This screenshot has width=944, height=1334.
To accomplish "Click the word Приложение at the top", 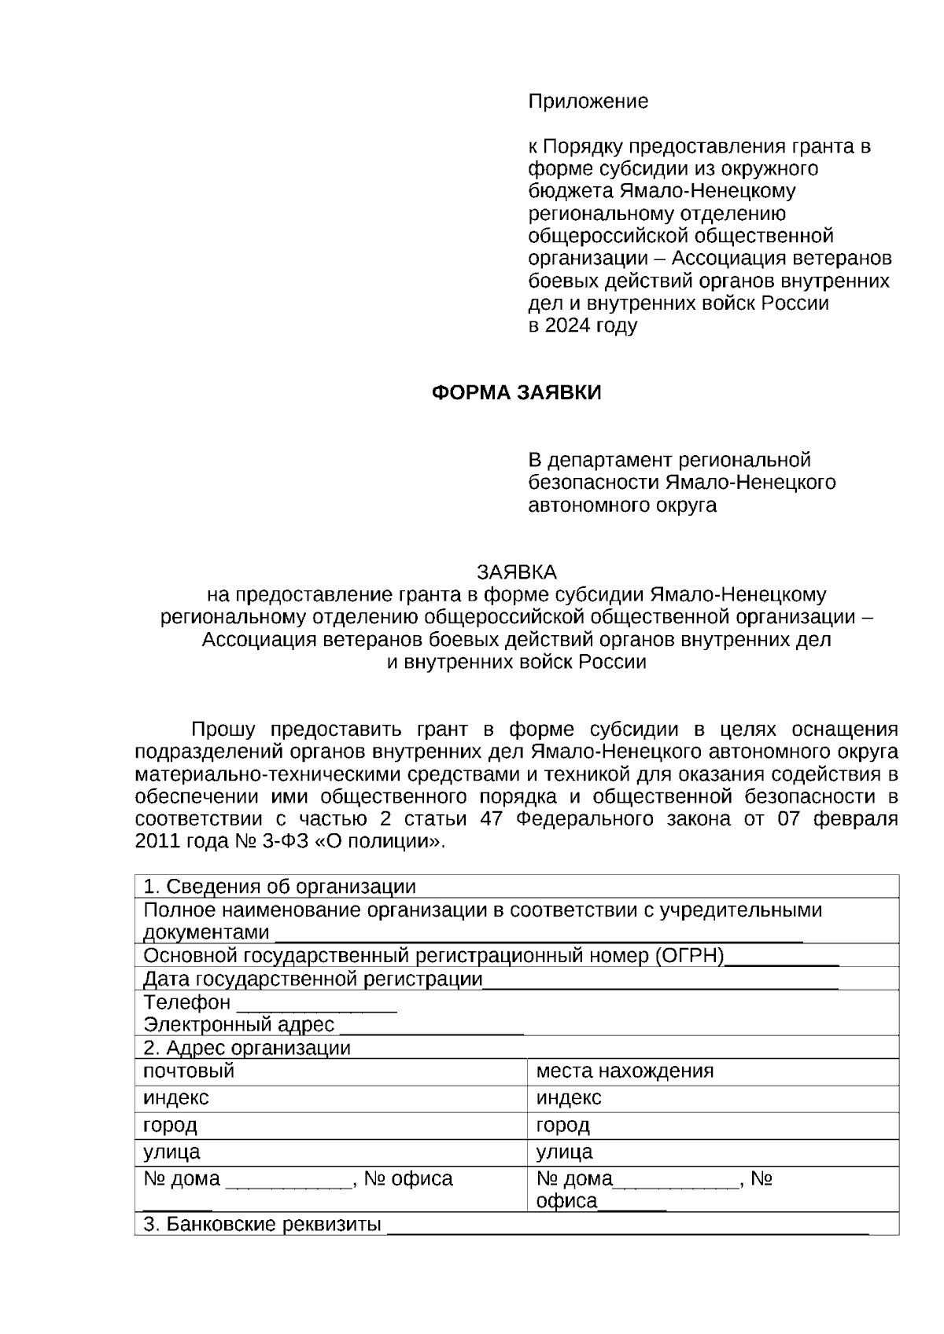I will pyautogui.click(x=588, y=101).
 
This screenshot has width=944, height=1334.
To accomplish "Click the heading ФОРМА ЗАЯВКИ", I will pyautogui.click(x=516, y=393).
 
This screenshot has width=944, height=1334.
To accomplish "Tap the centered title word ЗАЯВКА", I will pyautogui.click(x=516, y=571).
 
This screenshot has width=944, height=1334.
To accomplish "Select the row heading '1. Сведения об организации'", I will pyautogui.click(x=279, y=887).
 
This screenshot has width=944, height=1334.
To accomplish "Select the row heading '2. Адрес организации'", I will pyautogui.click(x=247, y=1048).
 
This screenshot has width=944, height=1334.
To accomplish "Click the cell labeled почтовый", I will pyautogui.click(x=189, y=1071).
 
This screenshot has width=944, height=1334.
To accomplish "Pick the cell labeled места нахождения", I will pyautogui.click(x=625, y=1071).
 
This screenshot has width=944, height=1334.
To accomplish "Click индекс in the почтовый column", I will pyautogui.click(x=176, y=1097).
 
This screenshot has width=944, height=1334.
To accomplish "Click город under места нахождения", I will pyautogui.click(x=562, y=1125).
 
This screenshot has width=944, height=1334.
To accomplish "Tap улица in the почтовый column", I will pyautogui.click(x=171, y=1152).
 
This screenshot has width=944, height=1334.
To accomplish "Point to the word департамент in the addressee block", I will pyautogui.click(x=610, y=460).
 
